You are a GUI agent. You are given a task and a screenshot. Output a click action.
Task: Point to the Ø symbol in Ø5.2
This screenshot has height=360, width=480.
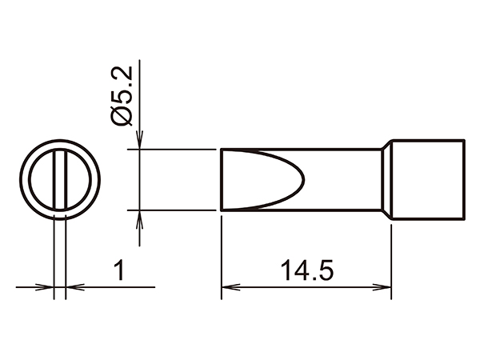(122, 117)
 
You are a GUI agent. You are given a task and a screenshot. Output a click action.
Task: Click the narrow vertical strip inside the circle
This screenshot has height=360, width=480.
(58, 179)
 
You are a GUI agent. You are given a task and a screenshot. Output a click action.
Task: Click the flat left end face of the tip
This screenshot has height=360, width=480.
(222, 180)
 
